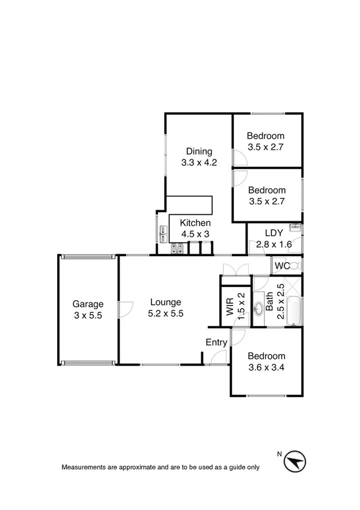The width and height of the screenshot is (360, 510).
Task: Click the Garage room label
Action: pos(88,304)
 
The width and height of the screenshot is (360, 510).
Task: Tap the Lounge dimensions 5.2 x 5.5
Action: pos(165,313)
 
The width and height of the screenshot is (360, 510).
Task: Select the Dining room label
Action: pos(198,151)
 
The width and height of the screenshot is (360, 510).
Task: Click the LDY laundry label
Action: pos(274,233)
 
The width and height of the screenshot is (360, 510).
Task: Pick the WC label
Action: pos(282,266)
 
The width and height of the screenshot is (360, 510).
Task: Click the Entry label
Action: pos(216,342)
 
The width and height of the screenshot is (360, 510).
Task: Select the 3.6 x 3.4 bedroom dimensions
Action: pos(266,367)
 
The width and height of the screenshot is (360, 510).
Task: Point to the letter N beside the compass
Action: pos(279,453)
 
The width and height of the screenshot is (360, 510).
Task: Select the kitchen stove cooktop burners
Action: pos(177,247)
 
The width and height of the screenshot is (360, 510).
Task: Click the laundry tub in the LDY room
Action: pos(294,228)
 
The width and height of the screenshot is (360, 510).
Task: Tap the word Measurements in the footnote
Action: pos(85,467)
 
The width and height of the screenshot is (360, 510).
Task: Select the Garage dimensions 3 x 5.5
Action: pos(88,314)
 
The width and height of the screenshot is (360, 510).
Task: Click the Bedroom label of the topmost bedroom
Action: pos(266,136)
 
